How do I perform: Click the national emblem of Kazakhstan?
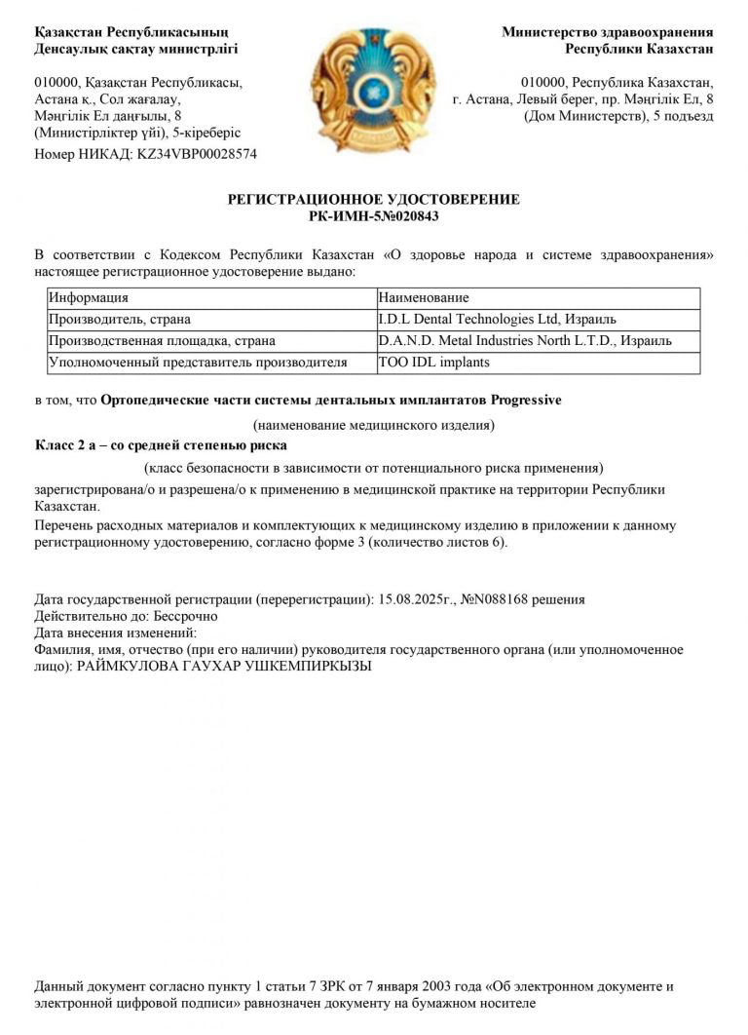tap(372, 91)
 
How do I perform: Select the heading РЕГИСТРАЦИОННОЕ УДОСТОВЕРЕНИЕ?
tap(373, 200)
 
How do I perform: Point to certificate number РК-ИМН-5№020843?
tap(373, 216)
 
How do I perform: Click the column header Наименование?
tap(424, 297)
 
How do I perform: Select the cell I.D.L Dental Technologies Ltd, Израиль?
tap(497, 319)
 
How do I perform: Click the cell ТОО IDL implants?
tap(433, 363)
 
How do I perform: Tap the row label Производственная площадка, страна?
tap(163, 341)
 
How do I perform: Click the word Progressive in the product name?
tap(526, 400)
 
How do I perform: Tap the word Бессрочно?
tap(185, 616)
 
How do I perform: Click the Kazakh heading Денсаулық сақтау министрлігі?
tap(136, 48)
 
